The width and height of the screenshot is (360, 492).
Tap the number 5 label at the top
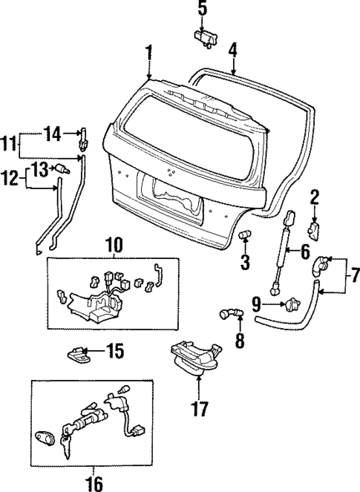203,9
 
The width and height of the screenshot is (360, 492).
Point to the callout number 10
113,244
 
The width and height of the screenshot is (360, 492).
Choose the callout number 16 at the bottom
94,482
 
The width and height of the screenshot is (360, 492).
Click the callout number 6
304,252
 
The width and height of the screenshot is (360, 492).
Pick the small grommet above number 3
243,235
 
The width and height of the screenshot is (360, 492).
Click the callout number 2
315,197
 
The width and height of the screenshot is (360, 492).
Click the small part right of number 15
79,352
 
